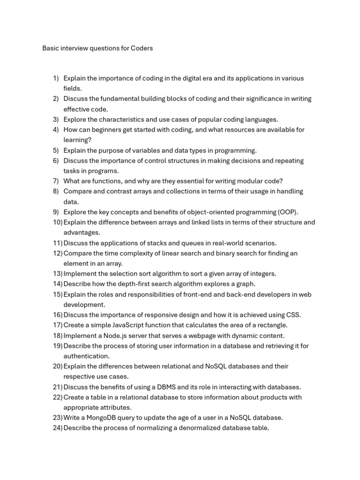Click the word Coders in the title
tap(141, 48)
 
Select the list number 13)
tap(58, 274)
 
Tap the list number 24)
tap(58, 428)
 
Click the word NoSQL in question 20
tap(216, 366)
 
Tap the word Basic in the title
tap(51, 48)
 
